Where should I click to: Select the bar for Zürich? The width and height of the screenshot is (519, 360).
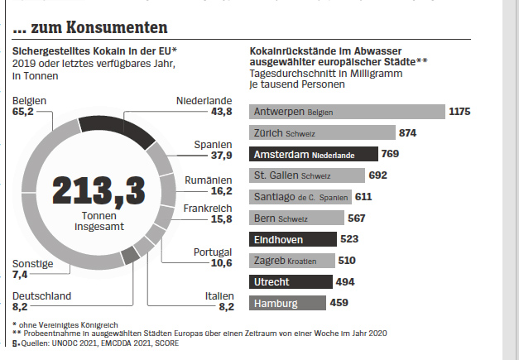(321, 132)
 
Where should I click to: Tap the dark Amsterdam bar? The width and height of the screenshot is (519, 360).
(313, 154)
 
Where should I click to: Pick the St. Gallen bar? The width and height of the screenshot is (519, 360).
(306, 175)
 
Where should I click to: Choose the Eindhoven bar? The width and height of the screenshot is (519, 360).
(292, 239)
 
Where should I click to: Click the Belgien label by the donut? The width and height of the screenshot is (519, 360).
(29, 101)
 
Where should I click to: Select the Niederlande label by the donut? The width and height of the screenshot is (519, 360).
(204, 101)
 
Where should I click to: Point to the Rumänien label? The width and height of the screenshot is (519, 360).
(207, 180)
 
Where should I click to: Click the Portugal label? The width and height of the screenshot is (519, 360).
(212, 252)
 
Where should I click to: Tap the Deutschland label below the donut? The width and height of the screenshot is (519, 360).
(42, 295)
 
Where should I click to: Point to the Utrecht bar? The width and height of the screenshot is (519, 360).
(290, 282)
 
